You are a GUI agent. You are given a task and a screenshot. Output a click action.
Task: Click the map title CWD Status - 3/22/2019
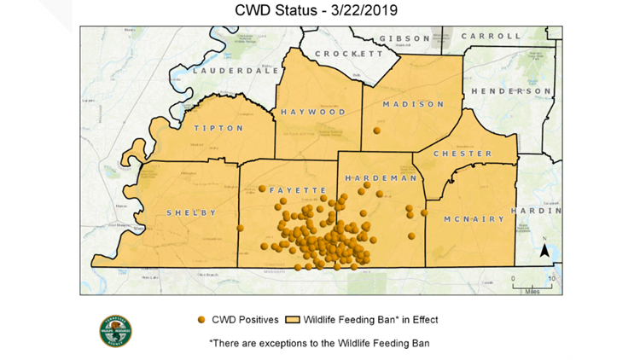tap(319, 10)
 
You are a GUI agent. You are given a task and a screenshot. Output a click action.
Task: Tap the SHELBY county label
tap(191, 212)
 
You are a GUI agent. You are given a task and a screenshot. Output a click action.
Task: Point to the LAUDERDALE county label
tap(236, 71)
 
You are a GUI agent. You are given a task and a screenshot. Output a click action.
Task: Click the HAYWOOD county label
tap(313, 112)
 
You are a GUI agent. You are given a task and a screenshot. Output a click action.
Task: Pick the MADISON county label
tap(413, 104)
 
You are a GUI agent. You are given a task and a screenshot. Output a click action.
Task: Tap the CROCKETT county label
tap(350, 54)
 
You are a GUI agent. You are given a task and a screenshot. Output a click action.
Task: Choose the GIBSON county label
tap(406, 38)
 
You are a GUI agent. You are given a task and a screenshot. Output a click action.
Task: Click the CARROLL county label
tap(491, 37)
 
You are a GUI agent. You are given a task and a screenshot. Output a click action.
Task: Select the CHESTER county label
tap(463, 154)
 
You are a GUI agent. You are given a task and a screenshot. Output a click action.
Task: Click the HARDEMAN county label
tap(381, 178)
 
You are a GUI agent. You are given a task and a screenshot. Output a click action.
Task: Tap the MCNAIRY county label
tap(474, 219)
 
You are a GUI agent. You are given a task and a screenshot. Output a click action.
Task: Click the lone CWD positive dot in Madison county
tap(376, 131)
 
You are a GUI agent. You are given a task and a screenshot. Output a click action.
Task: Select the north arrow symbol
tap(543, 249)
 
